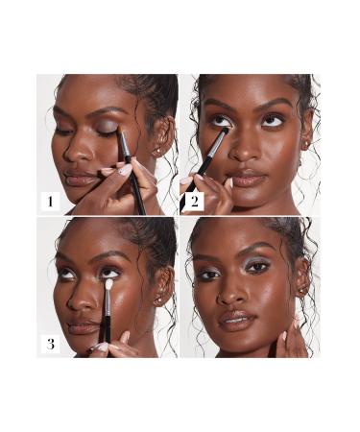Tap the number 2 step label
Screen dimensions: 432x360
[x=193, y=201]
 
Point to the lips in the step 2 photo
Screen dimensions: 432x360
[x=248, y=179]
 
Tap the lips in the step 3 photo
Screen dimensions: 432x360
[x=84, y=326]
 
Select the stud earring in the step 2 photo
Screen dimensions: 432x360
[x=307, y=146]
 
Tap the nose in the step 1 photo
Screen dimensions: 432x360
[x=75, y=151]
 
